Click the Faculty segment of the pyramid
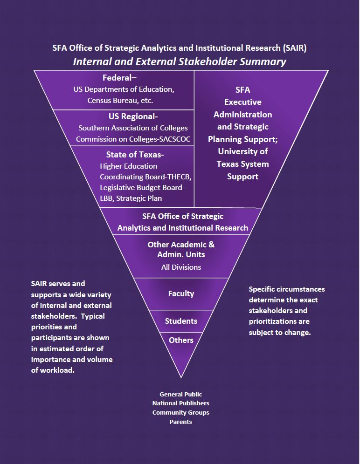click(x=181, y=293)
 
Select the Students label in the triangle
click(x=181, y=321)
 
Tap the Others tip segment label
click(x=181, y=340)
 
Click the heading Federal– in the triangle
click(x=123, y=78)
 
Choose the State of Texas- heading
click(x=135, y=155)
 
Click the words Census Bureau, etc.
click(x=120, y=100)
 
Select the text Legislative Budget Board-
click(x=142, y=188)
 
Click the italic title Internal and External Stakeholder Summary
click(x=180, y=61)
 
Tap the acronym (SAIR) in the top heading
click(x=294, y=48)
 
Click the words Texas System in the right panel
click(x=242, y=164)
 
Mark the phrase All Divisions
click(x=181, y=267)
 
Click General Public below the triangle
click(x=181, y=394)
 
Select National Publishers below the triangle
click(x=181, y=403)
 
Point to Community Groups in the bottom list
click(x=181, y=412)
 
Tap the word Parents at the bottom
click(x=181, y=422)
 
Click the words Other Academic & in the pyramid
click(x=181, y=245)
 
